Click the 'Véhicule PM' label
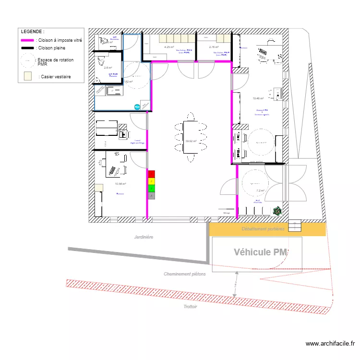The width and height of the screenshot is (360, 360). click(260, 252)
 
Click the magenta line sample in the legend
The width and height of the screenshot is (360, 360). click(28, 41)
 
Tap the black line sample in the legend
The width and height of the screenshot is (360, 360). click(28, 48)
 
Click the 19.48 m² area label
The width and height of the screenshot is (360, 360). click(258, 98)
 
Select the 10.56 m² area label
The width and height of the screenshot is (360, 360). click(120, 183)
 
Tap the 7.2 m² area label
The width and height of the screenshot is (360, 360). click(260, 191)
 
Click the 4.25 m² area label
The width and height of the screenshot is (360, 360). click(169, 47)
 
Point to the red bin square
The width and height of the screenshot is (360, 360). click(152, 174)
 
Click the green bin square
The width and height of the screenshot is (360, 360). click(152, 189)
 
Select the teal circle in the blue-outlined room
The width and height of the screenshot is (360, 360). click(137, 107)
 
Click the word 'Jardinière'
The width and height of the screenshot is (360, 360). click(144, 237)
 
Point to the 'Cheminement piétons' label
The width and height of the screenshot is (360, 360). click(184, 274)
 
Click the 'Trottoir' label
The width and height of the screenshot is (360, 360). click(190, 306)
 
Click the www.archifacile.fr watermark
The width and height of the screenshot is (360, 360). click(330, 344)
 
